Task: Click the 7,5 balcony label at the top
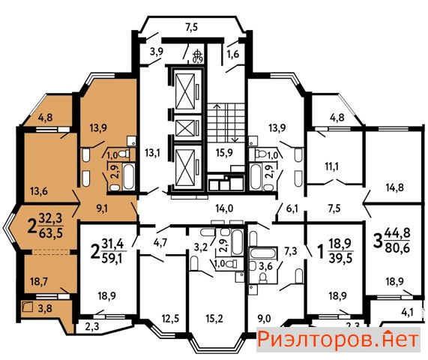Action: pos(192,28)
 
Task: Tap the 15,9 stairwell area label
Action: pos(224,153)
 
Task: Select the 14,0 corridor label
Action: pos(224,208)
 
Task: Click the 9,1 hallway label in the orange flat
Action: pos(102,209)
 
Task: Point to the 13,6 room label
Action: pos(39,191)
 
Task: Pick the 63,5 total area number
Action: pos(51,233)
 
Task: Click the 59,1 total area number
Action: pos(113,257)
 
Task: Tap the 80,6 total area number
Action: pos(397,247)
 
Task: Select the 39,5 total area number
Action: pos(341,257)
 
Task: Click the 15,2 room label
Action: pos(214,319)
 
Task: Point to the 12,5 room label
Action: pos(170,319)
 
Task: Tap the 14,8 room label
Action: pos(395,187)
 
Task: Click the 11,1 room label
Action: pos(331,166)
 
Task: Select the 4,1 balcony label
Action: pos(407,312)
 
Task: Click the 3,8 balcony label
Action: pos(45,308)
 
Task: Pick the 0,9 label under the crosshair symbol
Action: pos(198,59)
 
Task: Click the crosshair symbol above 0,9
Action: pos(198,53)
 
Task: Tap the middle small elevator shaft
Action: pos(185,128)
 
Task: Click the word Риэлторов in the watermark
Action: pos(316,340)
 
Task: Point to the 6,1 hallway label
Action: pos(292,208)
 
